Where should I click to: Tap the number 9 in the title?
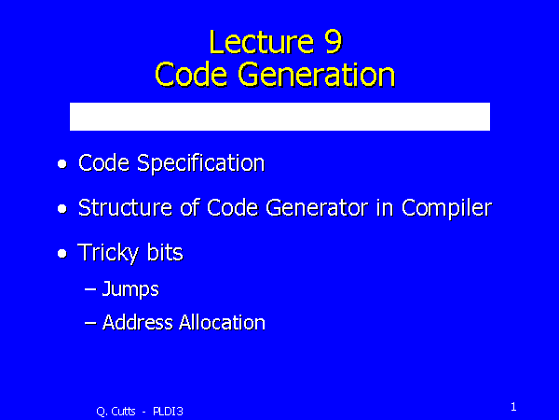pos(340,42)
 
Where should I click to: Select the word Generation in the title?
pos(317,74)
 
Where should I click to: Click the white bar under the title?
pos(279,117)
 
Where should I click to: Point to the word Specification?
pos(200,163)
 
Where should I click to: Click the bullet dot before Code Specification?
pos(61,165)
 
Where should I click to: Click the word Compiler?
pos(446,208)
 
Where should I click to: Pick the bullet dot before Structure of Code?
pos(61,210)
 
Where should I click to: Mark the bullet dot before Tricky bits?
pos(61,255)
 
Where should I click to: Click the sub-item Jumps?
pos(130,290)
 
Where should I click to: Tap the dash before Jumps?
pos(90,290)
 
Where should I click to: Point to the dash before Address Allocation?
pos(90,323)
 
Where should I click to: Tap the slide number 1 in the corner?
pos(513,406)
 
